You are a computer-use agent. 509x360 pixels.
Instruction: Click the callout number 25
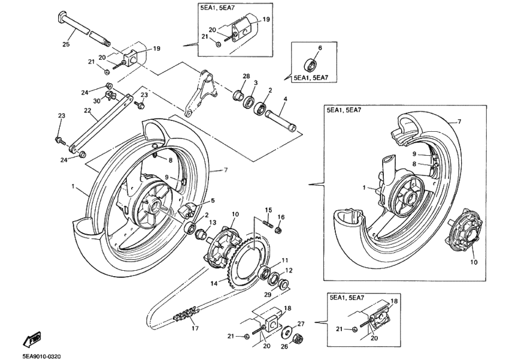[x=66, y=44]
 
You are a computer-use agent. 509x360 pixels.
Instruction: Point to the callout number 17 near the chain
[x=193, y=328]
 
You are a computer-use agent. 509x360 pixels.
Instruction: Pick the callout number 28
[x=246, y=76]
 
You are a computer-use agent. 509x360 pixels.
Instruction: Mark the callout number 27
[x=301, y=323]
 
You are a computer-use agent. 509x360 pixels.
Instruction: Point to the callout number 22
[x=71, y=111]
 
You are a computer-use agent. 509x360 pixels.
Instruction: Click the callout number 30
[x=96, y=101]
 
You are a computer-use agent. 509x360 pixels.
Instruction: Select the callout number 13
[x=213, y=222]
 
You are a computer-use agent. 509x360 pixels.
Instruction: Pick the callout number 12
[x=289, y=270]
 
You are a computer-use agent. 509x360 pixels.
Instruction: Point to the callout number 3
[x=256, y=83]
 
